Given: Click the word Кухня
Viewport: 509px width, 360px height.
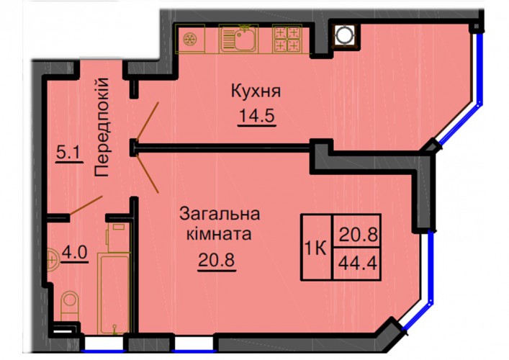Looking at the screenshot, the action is pyautogui.click(x=256, y=91).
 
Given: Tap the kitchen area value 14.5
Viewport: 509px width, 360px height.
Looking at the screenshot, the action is pyautogui.click(x=257, y=116).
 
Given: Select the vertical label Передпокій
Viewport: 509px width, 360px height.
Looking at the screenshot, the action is pyautogui.click(x=102, y=127).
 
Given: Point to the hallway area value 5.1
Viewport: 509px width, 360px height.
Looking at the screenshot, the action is pyautogui.click(x=68, y=152).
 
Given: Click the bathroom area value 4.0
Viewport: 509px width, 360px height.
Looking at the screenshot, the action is pyautogui.click(x=75, y=252).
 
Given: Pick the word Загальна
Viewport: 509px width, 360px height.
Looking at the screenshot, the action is pyautogui.click(x=220, y=215).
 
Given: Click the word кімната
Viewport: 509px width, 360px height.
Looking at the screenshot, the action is pyautogui.click(x=219, y=234).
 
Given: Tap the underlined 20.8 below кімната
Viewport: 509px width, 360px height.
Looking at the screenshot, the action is pyautogui.click(x=217, y=260).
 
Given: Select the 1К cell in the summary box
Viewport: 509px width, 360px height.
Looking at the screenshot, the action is pyautogui.click(x=316, y=248).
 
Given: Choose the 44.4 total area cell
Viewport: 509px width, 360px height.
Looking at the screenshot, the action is pyautogui.click(x=357, y=263).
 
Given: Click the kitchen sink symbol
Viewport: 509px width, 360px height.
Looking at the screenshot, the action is pyautogui.click(x=238, y=39).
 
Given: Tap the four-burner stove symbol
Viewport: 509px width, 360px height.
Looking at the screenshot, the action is pyautogui.click(x=287, y=39).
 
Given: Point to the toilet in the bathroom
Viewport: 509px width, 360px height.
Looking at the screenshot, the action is pyautogui.click(x=69, y=306).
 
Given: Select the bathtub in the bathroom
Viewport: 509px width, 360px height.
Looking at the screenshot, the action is pyautogui.click(x=114, y=294).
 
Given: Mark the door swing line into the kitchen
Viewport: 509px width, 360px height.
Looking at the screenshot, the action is pyautogui.click(x=148, y=121).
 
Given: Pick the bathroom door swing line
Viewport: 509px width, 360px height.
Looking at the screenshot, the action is pyautogui.click(x=86, y=205).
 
